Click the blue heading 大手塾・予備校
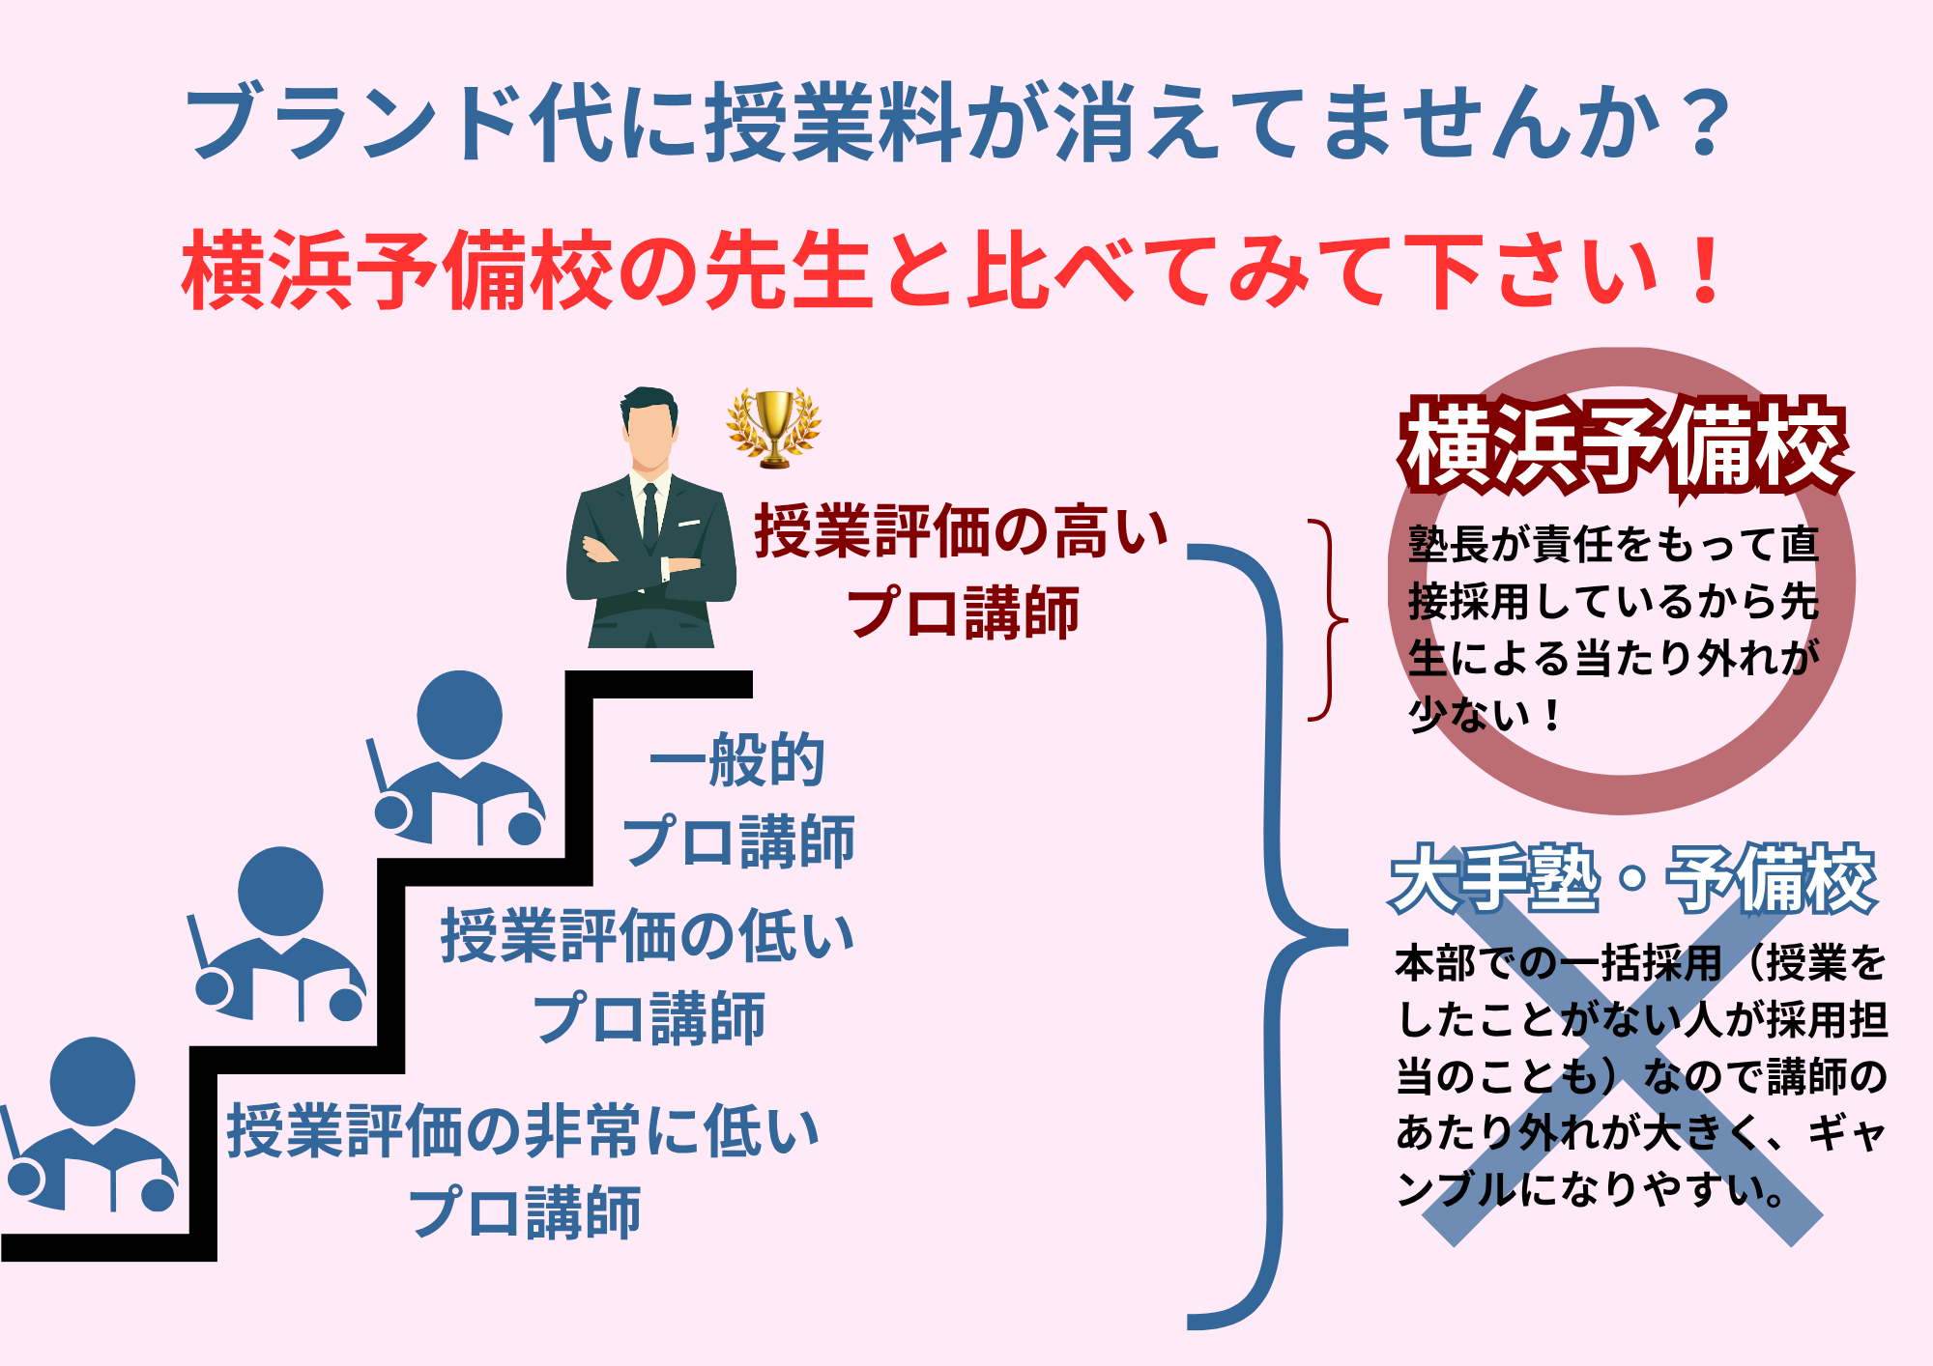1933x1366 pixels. pos(1633,879)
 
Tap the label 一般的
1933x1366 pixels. pos(736,760)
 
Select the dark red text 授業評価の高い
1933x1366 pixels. pos(961,531)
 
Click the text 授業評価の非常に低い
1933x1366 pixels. pos(523,1131)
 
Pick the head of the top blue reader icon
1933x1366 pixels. pos(459,715)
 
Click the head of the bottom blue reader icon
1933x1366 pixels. pos(93,1081)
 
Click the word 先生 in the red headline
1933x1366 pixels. pos(788,270)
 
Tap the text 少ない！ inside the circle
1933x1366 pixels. pos(1485,715)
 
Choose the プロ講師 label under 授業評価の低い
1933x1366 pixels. pos(649,1018)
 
